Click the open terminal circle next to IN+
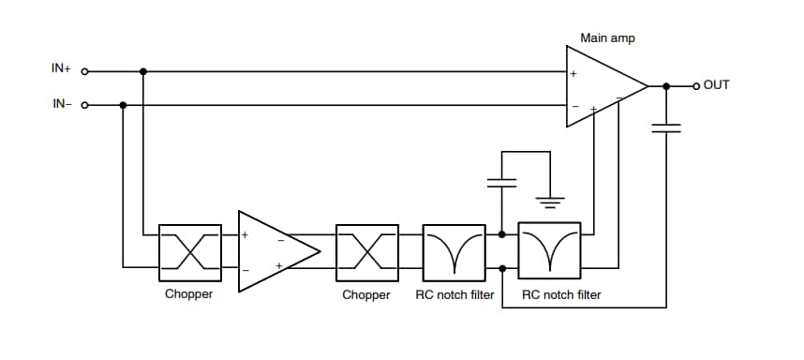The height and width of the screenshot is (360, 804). pos(85,70)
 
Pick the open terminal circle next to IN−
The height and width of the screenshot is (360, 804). pos(85,105)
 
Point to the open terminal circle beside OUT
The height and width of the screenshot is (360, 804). pos(695,86)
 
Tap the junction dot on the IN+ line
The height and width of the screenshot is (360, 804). pos(142,70)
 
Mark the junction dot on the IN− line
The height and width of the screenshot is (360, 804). pos(124,105)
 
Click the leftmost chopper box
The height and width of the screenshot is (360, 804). pos(190,250)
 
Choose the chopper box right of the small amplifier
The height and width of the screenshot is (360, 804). pos(366,250)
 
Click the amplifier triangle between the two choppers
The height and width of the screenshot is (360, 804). pos(276,250)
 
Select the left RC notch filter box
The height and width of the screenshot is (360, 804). pos(454,250)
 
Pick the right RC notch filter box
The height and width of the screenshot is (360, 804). pos(549,250)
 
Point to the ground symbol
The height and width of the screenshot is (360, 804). pos(550,200)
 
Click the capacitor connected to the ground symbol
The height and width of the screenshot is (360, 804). pos(503,182)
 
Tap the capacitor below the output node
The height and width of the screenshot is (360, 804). pos(666,127)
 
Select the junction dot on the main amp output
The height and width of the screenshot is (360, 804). pos(666,86)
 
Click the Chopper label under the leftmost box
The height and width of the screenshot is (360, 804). pos(190,295)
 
